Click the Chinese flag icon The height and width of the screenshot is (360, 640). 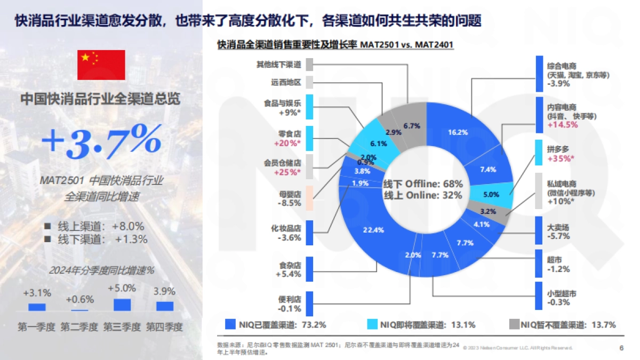(101, 65)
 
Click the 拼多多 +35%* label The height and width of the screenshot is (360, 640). (561, 154)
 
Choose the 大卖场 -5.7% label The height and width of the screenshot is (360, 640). (559, 231)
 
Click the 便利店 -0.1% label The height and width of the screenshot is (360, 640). (290, 305)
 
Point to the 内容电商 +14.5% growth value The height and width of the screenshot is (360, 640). (563, 125)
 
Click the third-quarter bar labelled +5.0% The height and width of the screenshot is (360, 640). (122, 305)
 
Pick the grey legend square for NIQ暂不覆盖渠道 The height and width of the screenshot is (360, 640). (514, 324)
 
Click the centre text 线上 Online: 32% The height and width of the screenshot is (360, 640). (423, 195)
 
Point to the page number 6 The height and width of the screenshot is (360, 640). (621, 348)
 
